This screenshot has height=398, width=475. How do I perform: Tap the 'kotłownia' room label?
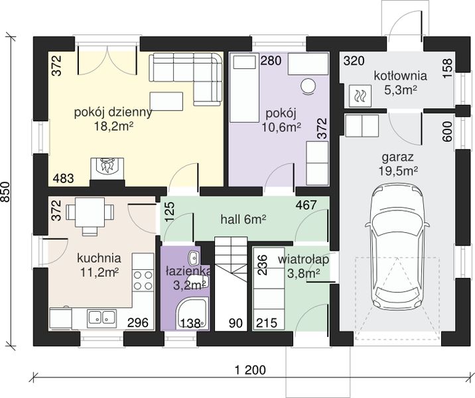tap(400, 76)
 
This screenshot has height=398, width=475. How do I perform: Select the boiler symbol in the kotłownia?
tap(360, 96)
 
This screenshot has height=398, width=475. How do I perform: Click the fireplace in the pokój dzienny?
tap(107, 170)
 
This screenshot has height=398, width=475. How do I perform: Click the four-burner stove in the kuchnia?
tap(143, 280)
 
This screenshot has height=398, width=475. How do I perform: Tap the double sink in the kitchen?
tap(102, 318)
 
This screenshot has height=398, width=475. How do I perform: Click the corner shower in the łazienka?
tap(193, 314)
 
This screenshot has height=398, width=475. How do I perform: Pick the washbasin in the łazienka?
tap(193, 258)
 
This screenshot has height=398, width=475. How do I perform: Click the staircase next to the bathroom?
tap(231, 283)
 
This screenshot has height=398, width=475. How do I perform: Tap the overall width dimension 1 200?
tap(251, 370)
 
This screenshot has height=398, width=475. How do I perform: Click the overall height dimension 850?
tap(6, 192)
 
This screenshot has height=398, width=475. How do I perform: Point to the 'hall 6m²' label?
tap(243, 220)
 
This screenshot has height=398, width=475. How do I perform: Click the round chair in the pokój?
tap(308, 86)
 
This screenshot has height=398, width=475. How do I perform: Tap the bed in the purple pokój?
tap(244, 88)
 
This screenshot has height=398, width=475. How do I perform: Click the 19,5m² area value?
tap(397, 171)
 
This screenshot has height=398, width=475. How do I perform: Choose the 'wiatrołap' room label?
tap(303, 259)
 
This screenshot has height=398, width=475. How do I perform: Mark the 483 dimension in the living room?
tap(63, 178)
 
